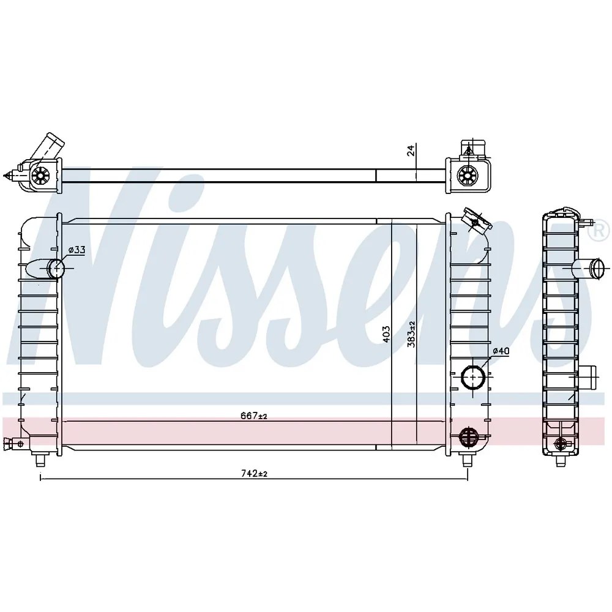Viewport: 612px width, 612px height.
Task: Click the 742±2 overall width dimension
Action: coord(254,474)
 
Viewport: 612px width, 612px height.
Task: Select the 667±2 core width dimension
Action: coord(254,416)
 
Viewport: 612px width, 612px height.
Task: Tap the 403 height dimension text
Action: coord(386,334)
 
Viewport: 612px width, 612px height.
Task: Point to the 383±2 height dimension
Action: coord(411,334)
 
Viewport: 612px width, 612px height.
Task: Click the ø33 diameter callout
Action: coord(76,250)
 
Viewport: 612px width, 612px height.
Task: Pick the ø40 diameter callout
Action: coord(501,351)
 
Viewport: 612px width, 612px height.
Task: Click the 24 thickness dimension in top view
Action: coord(411,151)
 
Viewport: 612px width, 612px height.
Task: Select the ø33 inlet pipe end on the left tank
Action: coord(56,269)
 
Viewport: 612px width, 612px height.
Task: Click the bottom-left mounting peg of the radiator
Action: coord(40,460)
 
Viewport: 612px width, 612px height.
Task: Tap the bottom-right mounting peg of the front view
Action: coord(467,460)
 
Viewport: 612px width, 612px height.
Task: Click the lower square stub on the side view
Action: coord(587,378)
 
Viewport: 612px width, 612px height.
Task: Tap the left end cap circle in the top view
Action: coord(40,176)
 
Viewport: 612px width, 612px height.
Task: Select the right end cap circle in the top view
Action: coord(467,176)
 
